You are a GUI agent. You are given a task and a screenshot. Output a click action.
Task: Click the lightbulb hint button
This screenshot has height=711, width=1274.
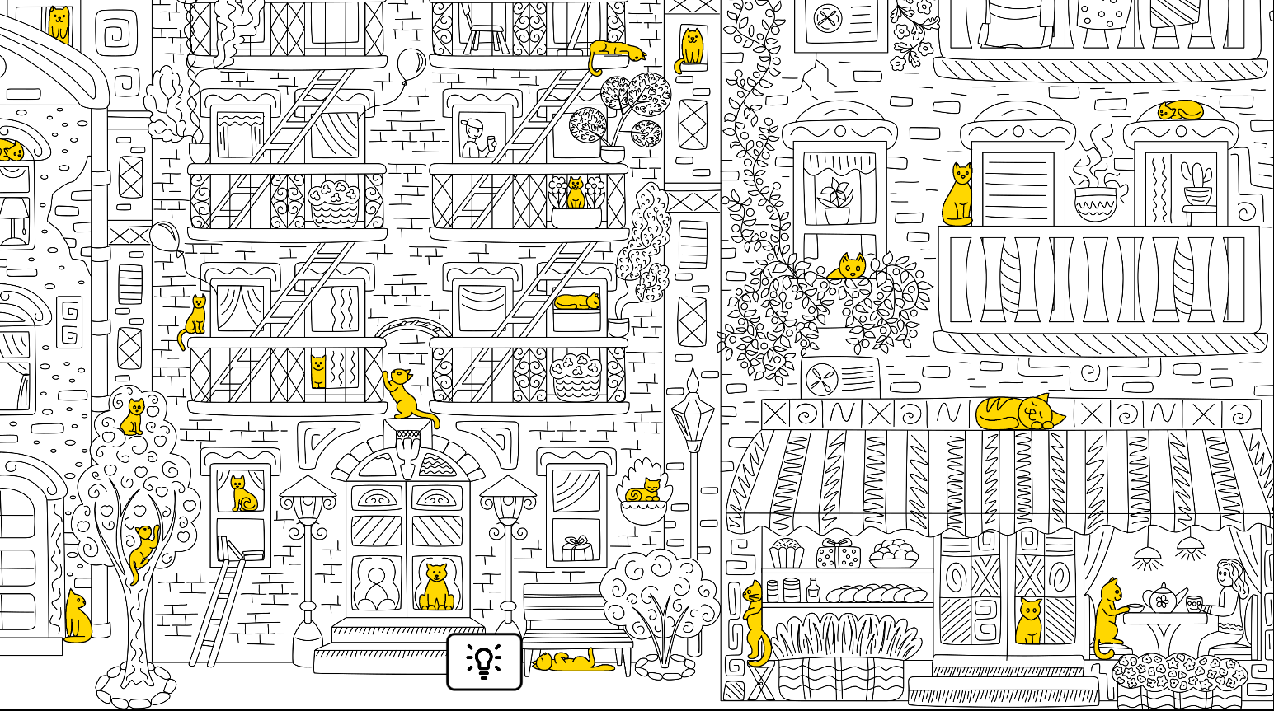[484, 662]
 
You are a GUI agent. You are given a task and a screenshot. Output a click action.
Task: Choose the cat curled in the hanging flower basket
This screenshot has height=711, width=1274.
[643, 493]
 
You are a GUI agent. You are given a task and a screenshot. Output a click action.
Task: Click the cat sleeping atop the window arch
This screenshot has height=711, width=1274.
[1180, 110]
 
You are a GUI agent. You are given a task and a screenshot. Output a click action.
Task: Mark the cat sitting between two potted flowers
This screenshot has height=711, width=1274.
[575, 194]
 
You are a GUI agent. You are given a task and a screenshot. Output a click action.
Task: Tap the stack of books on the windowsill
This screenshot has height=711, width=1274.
[240, 548]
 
